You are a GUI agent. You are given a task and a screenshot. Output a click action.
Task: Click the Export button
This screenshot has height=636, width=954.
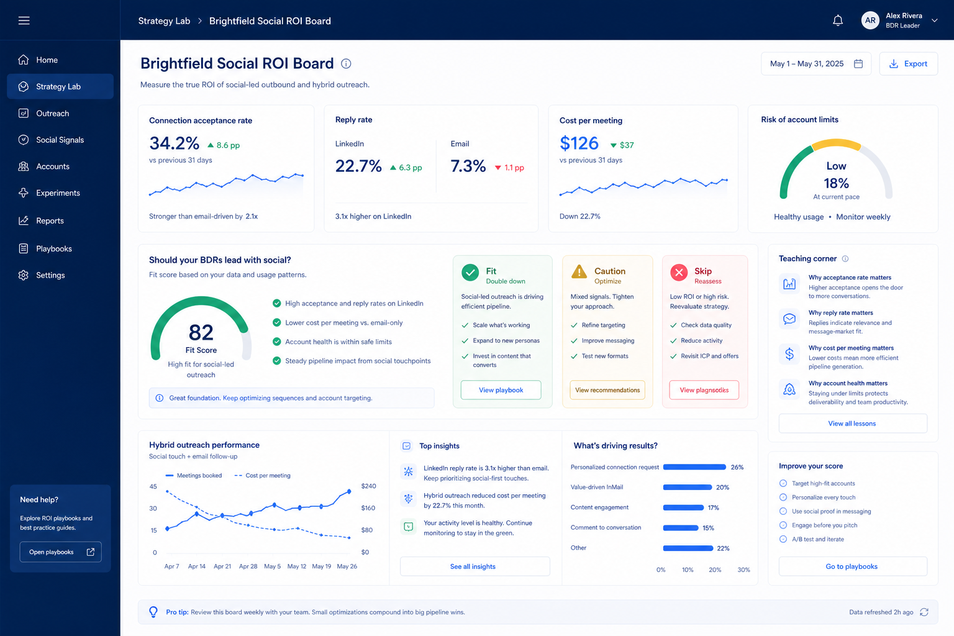tap(908, 64)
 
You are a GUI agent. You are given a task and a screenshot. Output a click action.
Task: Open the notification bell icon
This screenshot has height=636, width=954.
tap(838, 20)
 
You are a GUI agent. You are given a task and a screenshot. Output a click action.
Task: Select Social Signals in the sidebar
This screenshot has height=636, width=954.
tap(60, 140)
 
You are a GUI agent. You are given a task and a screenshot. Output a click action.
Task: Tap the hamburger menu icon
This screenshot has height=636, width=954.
tap(24, 20)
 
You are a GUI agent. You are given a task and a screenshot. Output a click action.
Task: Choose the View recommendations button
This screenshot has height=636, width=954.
tap(607, 390)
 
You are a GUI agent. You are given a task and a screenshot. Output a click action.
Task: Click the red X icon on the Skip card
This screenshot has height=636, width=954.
tap(679, 273)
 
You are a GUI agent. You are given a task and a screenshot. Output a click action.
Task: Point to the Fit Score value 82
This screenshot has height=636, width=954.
tap(201, 332)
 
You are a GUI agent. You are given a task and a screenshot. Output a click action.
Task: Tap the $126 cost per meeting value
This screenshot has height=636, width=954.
tap(579, 143)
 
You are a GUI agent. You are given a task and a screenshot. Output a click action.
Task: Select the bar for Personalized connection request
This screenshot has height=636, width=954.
tap(694, 467)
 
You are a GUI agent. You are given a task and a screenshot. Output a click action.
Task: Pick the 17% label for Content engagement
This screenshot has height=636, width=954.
tap(714, 507)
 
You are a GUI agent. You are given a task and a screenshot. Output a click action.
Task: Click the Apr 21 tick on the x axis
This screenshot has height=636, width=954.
tap(222, 566)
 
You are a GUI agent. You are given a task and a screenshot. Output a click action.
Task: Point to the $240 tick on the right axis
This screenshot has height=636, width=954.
tap(368, 486)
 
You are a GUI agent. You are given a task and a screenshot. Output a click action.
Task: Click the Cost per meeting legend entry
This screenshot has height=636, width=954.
tap(262, 475)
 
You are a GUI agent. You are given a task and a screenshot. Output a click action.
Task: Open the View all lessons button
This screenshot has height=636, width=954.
tap(853, 424)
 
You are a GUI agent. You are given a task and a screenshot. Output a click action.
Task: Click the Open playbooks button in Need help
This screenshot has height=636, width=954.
tap(60, 552)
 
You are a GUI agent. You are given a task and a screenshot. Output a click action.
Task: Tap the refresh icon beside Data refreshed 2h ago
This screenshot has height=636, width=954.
tap(924, 612)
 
